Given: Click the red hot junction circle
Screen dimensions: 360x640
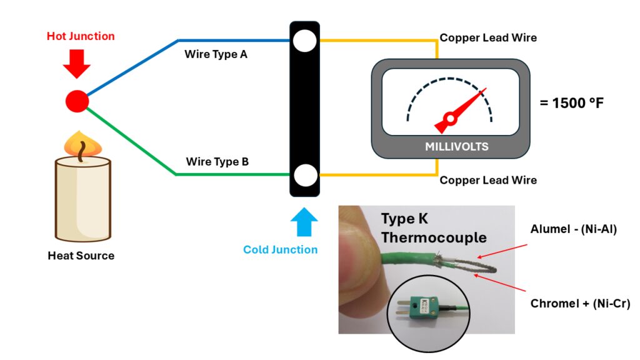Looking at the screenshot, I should tap(77, 101).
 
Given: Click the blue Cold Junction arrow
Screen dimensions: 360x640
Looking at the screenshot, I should tap(304, 222).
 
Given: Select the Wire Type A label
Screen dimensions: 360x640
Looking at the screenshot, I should tap(216, 54).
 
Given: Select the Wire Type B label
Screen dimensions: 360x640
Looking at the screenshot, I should tap(217, 162).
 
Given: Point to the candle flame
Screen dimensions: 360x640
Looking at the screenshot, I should tap(83, 144).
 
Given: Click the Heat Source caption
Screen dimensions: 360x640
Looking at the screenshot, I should tap(81, 256).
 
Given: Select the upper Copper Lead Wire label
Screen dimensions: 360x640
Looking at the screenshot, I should tap(488, 37).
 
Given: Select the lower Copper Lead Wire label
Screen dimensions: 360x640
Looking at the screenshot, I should tap(488, 181).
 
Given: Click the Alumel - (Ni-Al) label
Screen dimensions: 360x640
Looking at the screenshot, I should tap(574, 229).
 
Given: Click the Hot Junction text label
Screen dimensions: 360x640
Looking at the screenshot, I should tap(81, 36).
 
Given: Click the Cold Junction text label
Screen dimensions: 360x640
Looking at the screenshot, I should tap(280, 250).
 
